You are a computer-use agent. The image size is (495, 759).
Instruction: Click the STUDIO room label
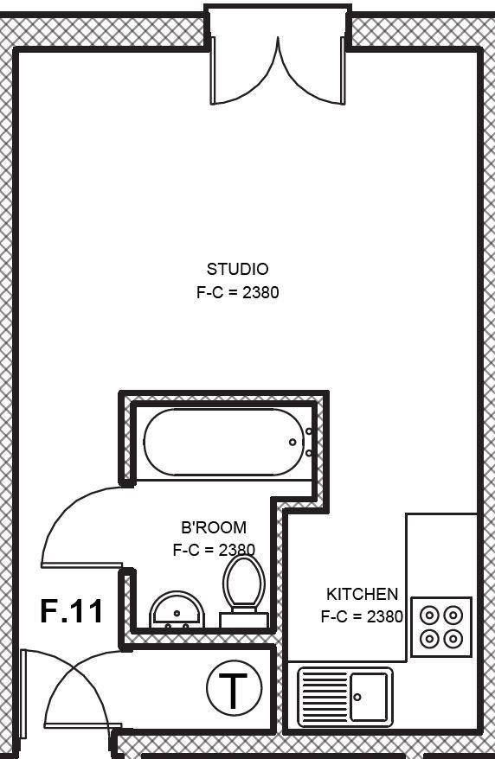(237, 269)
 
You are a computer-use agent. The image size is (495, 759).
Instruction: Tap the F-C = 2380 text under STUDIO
(237, 292)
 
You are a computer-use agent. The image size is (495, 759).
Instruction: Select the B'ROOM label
(214, 527)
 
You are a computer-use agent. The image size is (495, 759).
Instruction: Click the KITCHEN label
(362, 593)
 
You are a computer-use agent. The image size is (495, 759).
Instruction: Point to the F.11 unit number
(72, 611)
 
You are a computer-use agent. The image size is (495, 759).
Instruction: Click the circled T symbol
(234, 687)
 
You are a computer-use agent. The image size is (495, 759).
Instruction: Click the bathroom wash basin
(177, 610)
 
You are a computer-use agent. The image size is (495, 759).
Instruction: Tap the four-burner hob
(441, 628)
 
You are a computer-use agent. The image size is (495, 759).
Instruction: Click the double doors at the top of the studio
(278, 71)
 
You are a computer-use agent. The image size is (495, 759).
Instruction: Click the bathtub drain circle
(292, 442)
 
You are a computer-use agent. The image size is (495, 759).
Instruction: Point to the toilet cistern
(244, 620)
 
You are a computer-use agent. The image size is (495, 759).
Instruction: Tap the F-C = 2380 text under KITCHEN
(362, 616)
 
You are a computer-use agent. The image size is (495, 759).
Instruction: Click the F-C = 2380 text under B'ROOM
(214, 550)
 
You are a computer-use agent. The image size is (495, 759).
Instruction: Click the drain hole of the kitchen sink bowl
(357, 697)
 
